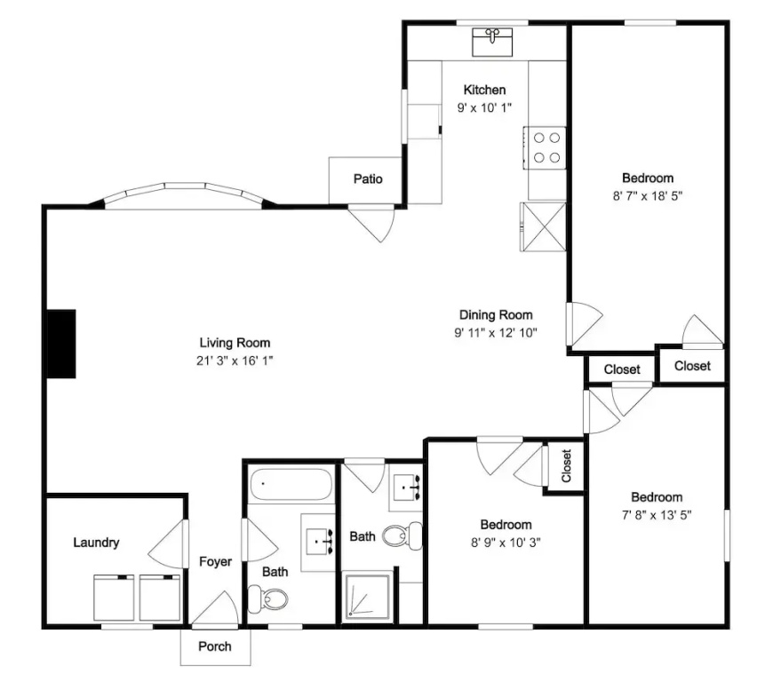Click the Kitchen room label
[x=484, y=90]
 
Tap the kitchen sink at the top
[x=492, y=42]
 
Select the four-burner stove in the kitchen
[x=545, y=147]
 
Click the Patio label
[x=368, y=178]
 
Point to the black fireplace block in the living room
[x=61, y=344]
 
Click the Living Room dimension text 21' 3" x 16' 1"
[x=235, y=361]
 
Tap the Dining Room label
[x=496, y=315]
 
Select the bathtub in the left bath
[x=291, y=484]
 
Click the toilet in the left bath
[x=267, y=599]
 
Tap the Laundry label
[x=96, y=543]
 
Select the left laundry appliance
[x=114, y=598]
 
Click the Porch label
[x=215, y=646]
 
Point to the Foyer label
[x=215, y=562]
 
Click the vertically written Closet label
[x=566, y=465]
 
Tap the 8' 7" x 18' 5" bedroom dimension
[x=648, y=195]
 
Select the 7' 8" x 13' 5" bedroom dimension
[x=657, y=515]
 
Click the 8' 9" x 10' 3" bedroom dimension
[x=506, y=543]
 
